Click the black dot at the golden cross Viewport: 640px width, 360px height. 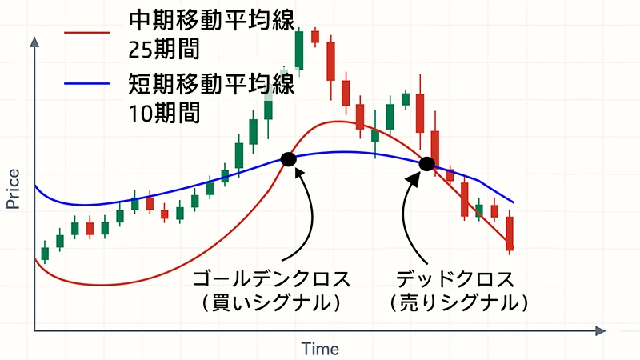(x=289, y=159)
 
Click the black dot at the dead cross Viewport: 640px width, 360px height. (x=427, y=165)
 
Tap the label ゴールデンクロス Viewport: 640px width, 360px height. (x=272, y=280)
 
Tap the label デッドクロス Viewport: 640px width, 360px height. (x=454, y=280)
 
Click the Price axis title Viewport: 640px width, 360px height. (x=13, y=190)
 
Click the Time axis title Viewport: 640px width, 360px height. (x=320, y=349)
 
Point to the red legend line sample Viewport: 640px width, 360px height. (x=86, y=34)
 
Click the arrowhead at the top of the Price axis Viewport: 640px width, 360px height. (x=34, y=40)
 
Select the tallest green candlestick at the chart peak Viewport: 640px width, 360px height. (x=299, y=50)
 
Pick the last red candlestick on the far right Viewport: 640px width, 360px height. (x=510, y=233)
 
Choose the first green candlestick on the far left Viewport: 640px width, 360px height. (x=45, y=253)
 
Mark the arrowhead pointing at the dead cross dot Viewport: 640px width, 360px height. (x=414, y=178)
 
